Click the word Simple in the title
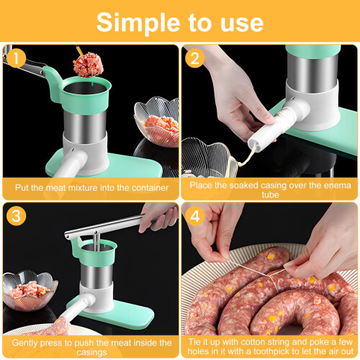pyautogui.click(x=138, y=23)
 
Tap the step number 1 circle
pyautogui.click(x=17, y=58)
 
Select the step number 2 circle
pyautogui.click(x=194, y=58)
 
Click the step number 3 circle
pyautogui.click(x=17, y=216)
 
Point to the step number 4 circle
pyautogui.click(x=194, y=216)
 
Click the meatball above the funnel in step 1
pyautogui.click(x=88, y=65)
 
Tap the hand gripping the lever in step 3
pyautogui.click(x=159, y=217)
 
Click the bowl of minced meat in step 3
pyautogui.click(x=30, y=290)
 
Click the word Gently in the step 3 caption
pyautogui.click(x=24, y=343)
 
